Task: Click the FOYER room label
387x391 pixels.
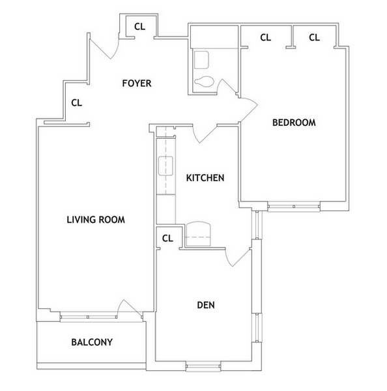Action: [136, 83]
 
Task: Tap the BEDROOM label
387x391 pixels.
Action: [294, 123]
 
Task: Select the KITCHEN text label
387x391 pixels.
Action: [205, 178]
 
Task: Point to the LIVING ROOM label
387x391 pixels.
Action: [96, 220]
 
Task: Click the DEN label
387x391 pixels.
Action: [206, 304]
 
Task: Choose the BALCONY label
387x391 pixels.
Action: [92, 342]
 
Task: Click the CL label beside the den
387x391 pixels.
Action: [167, 238]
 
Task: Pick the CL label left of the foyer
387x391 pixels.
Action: [76, 102]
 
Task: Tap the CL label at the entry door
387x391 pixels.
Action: [139, 27]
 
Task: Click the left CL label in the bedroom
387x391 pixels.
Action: [265, 38]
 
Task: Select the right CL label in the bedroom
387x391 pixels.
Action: [314, 38]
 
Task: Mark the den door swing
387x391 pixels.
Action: [237, 255]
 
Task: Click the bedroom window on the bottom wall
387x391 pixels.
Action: [294, 207]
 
